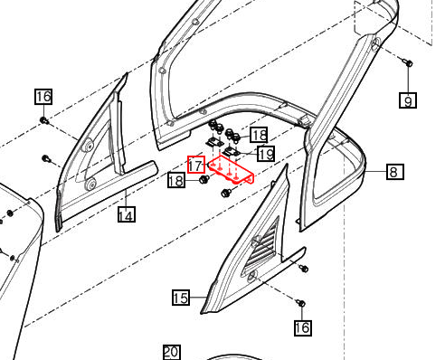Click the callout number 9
coord(409,100)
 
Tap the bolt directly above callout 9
coord(406,63)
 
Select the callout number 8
coord(394,171)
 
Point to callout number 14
coord(126,214)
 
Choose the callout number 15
coord(181,297)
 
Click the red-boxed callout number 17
coord(195,164)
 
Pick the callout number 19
coord(265,154)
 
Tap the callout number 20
coord(172,352)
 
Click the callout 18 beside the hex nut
coord(175,182)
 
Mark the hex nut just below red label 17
coord(204,180)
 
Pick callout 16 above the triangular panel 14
coord(43,97)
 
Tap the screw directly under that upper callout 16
coord(43,118)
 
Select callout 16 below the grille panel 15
coord(301,327)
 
